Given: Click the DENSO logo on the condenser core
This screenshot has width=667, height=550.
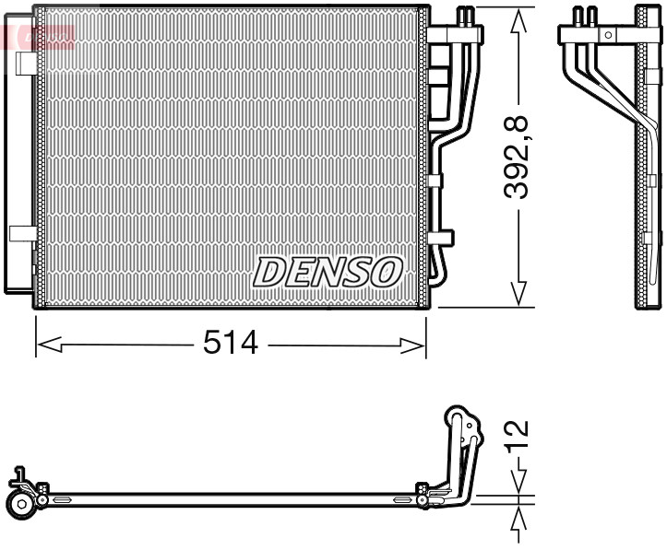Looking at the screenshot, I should [328, 272].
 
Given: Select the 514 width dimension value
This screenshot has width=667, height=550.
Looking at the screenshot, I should [231, 345].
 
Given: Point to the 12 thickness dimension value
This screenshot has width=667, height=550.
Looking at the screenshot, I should [518, 440].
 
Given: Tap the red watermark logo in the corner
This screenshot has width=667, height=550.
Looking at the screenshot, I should [37, 37].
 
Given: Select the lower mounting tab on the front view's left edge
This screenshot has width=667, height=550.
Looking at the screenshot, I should [22, 233].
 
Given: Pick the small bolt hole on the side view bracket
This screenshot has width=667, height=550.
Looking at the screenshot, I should [607, 35].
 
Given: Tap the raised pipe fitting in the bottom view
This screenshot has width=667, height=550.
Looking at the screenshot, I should [461, 433].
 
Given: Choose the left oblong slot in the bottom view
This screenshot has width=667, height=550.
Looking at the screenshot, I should [64, 500].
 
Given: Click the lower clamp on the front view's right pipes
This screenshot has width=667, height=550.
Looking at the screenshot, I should [443, 236].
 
